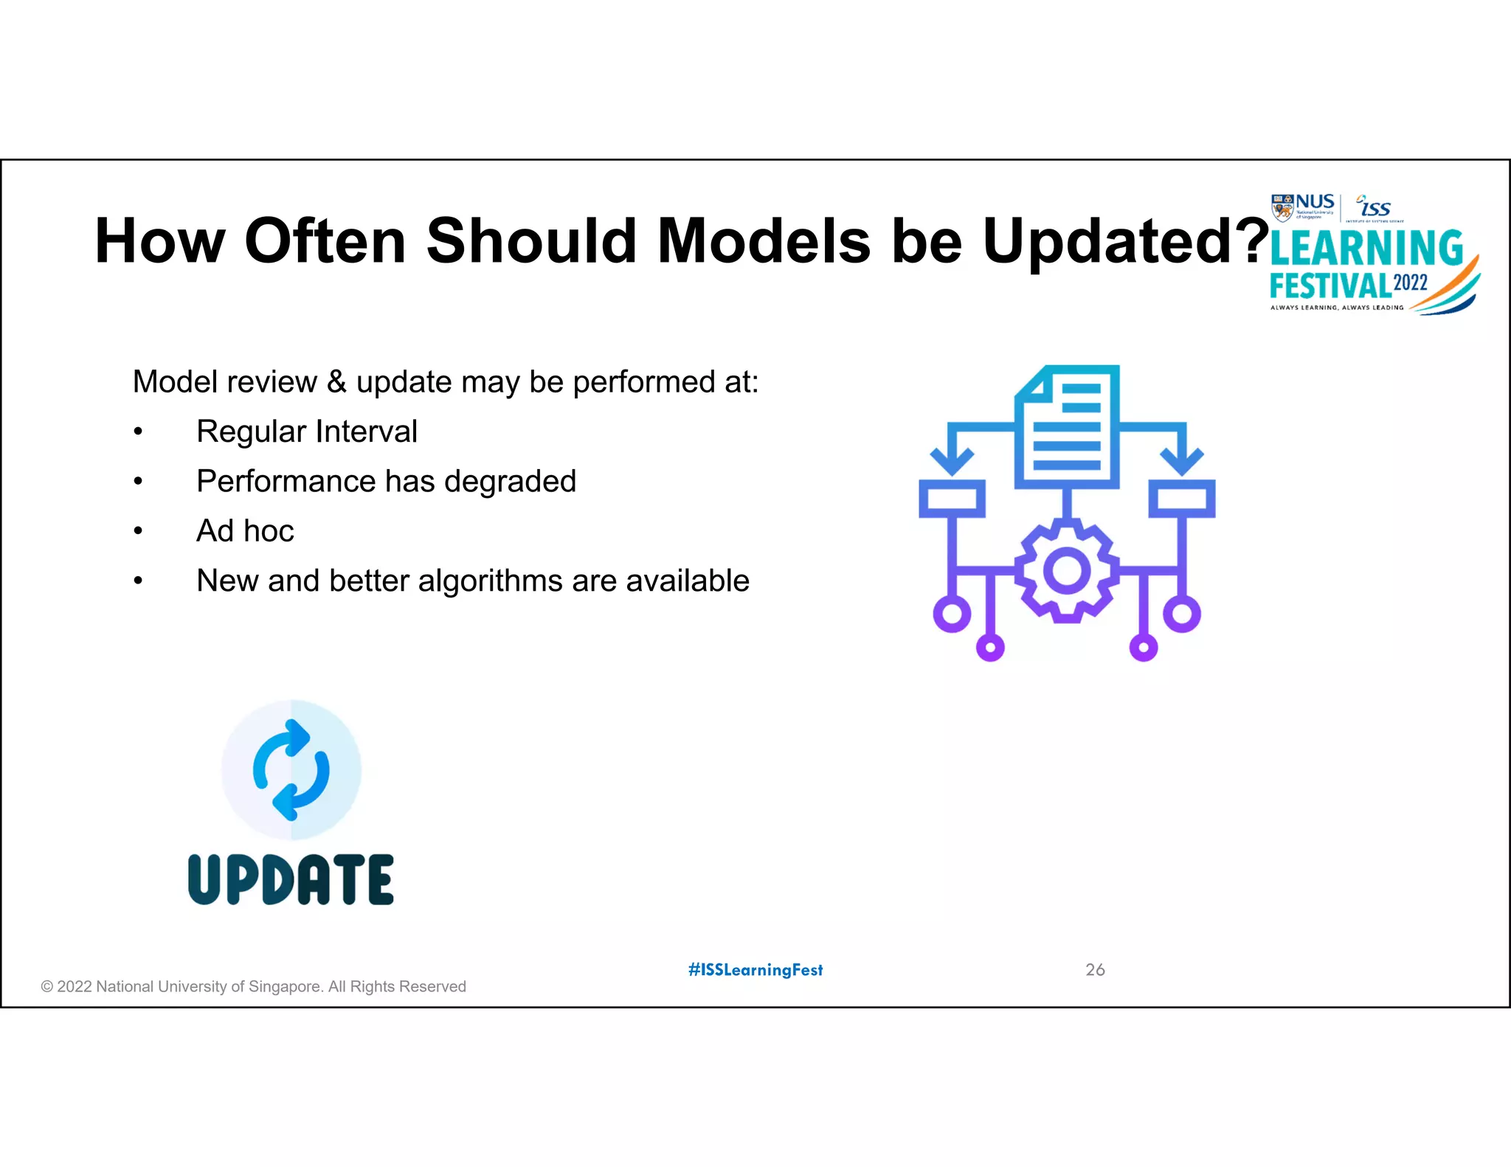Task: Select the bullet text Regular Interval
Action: [x=306, y=432]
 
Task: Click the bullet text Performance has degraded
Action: [x=385, y=481]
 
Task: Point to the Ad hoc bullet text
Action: [x=245, y=531]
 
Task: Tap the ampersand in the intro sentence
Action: [x=336, y=382]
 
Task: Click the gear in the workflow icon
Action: [x=1067, y=571]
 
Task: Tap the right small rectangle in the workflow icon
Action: [x=1182, y=499]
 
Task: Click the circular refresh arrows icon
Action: [x=291, y=769]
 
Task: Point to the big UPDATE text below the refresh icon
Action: [x=291, y=879]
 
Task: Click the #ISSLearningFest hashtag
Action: [x=755, y=970]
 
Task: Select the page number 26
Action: [x=1095, y=970]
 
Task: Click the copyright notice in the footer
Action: [x=253, y=987]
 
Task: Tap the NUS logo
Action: [x=1303, y=207]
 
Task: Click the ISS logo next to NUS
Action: [x=1374, y=208]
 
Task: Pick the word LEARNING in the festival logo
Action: [x=1366, y=249]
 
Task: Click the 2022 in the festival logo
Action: [x=1410, y=283]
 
